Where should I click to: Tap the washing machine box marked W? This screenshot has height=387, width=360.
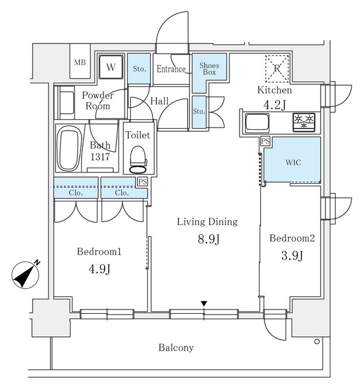pyautogui.click(x=110, y=67)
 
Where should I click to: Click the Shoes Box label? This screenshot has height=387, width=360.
pyautogui.click(x=209, y=68)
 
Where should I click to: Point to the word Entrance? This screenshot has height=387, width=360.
pyautogui.click(x=171, y=69)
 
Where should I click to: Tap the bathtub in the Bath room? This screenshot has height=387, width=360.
pyautogui.click(x=69, y=148)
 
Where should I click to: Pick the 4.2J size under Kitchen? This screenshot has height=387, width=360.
pyautogui.click(x=275, y=104)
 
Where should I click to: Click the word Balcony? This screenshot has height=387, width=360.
pyautogui.click(x=176, y=347)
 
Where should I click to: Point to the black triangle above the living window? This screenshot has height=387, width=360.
pyautogui.click(x=205, y=303)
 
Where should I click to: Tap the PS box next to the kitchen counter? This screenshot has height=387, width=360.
pyautogui.click(x=264, y=141)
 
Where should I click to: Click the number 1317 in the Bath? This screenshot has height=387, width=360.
pyautogui.click(x=100, y=157)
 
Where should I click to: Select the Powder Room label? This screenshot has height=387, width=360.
pyautogui.click(x=97, y=100)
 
